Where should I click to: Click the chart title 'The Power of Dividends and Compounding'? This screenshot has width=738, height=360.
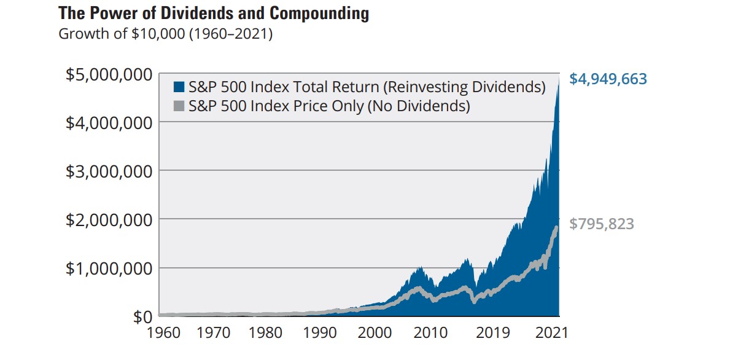tap(214, 14)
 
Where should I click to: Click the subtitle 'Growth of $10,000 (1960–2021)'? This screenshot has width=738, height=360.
tap(165, 33)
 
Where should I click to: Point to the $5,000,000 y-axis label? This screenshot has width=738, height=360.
tap(109, 74)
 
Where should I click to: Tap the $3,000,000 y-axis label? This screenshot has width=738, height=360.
tap(109, 171)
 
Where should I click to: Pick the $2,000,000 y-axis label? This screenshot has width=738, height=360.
tap(109, 219)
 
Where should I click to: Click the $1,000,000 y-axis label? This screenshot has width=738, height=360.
tap(109, 268)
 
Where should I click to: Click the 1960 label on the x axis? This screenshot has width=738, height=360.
tap(163, 334)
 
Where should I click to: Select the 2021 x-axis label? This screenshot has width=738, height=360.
tap(550, 334)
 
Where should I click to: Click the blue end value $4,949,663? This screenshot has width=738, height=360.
tap(608, 79)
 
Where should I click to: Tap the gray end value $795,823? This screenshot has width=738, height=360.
tap(602, 224)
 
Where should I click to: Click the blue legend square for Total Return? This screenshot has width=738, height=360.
tap(179, 87)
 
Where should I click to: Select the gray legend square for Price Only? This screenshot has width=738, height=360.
tap(179, 106)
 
